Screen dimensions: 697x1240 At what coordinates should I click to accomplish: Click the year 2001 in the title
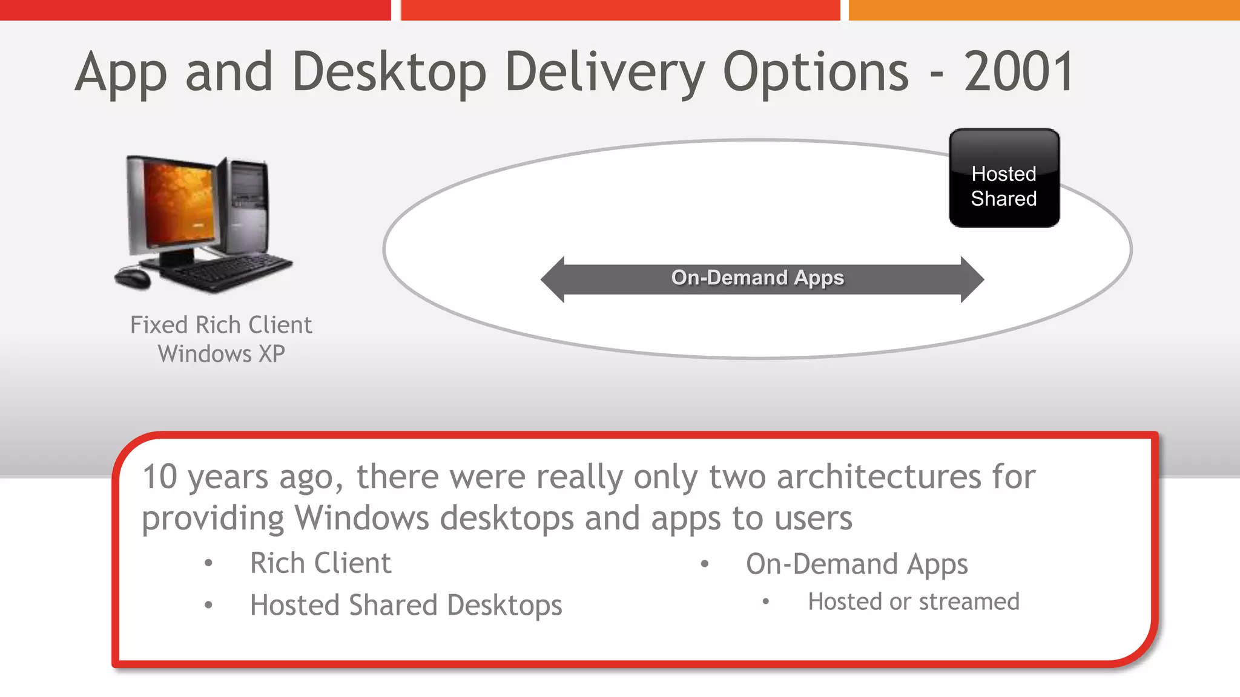click(1019, 71)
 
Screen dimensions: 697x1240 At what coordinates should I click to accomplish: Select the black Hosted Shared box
click(1004, 178)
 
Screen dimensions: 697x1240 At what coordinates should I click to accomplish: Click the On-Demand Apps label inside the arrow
click(757, 278)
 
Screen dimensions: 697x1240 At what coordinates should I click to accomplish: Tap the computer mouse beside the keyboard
click(133, 278)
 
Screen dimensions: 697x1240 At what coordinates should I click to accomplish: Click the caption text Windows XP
click(221, 354)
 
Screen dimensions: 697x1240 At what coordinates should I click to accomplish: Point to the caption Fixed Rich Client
click(221, 325)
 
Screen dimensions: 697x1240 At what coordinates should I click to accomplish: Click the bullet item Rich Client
click(320, 563)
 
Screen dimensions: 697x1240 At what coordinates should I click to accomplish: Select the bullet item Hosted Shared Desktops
click(406, 605)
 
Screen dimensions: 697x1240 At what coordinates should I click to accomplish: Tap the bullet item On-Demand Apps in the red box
click(857, 564)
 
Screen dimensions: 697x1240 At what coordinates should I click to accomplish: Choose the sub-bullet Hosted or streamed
click(913, 601)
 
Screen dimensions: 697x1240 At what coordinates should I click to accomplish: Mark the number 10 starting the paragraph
click(160, 477)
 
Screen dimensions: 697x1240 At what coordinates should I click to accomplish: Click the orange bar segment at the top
click(1044, 10)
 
